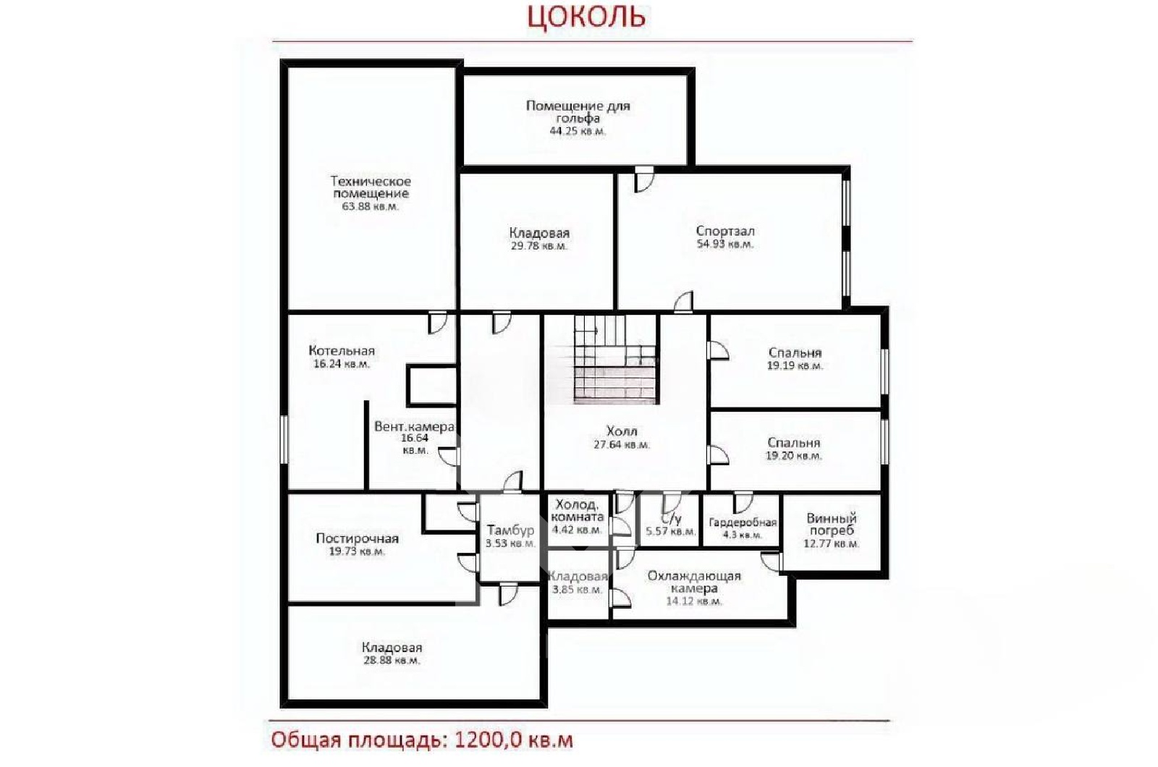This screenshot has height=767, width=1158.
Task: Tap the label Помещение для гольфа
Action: [x=578, y=111]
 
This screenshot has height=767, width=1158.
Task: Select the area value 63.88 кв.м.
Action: [x=370, y=206]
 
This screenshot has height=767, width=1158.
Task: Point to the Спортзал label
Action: [x=724, y=231]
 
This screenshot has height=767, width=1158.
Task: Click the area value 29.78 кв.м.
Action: [x=538, y=245]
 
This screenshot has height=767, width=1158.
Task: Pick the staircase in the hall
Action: [x=616, y=359]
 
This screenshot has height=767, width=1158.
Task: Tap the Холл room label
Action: [x=622, y=431]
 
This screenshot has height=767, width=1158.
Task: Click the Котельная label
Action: [x=341, y=350]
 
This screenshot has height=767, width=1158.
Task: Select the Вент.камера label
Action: [x=414, y=426]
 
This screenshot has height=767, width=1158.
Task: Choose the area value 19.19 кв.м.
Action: [x=795, y=365]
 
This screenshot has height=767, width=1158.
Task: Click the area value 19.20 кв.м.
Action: [x=793, y=455]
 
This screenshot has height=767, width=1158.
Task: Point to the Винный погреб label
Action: [x=832, y=524]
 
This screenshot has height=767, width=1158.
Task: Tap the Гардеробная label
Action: [x=743, y=522]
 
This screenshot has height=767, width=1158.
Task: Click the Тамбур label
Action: [x=510, y=530]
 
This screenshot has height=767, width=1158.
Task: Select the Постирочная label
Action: [x=358, y=538]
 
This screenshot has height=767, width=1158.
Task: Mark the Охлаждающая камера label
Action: [x=694, y=582]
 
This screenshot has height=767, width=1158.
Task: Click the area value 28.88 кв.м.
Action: [x=392, y=660]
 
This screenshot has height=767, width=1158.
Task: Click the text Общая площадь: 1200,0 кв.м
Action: [x=422, y=740]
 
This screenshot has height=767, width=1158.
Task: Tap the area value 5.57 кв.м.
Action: [x=670, y=531]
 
